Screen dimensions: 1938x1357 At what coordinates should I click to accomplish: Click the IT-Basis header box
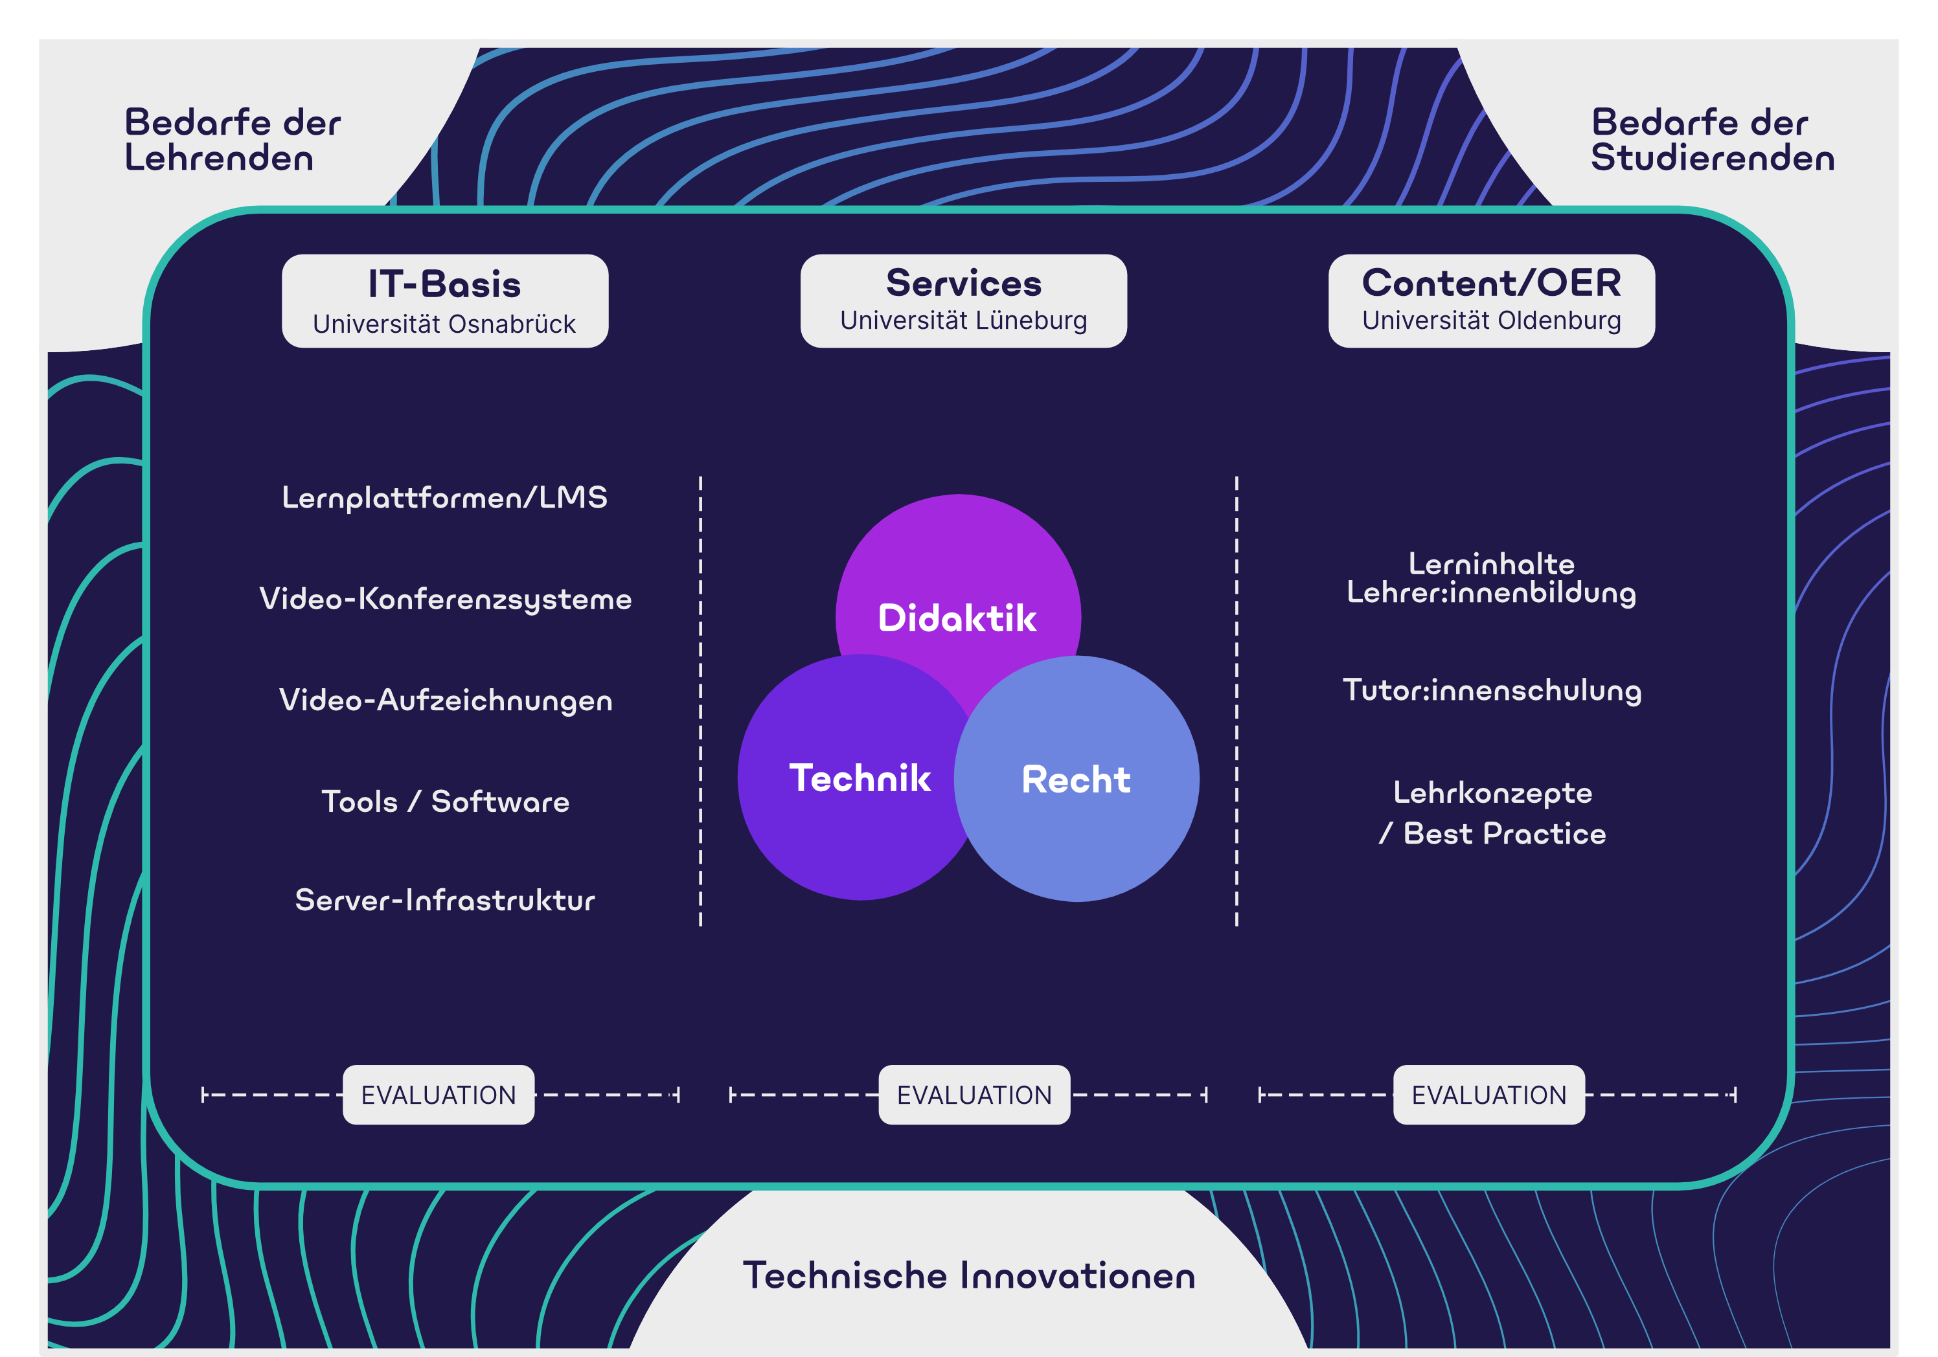445,301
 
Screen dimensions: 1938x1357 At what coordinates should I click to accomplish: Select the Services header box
963,301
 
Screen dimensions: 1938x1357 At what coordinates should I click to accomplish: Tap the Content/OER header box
1492,301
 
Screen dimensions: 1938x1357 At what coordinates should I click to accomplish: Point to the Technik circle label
860,778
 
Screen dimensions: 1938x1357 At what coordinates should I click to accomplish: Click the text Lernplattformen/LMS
445,498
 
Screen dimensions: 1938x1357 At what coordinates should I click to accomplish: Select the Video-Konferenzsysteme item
446,599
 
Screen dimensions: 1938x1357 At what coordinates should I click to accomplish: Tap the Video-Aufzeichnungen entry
446,701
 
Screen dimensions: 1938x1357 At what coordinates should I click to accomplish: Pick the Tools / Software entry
446,801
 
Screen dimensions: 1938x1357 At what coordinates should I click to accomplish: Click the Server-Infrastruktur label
445,900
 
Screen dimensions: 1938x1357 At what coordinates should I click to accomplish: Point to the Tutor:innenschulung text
1492,690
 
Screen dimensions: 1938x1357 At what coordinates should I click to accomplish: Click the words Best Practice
1504,834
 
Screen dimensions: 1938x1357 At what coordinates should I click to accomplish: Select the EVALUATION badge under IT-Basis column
439,1095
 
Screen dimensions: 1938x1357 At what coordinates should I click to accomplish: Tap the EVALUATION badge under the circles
975,1095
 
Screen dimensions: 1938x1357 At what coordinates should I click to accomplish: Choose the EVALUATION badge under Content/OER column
1489,1095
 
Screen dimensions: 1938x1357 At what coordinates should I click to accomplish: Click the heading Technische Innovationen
969,1275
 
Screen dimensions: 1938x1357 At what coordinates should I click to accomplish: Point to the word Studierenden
1713,158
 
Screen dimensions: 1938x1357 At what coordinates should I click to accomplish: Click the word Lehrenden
220,158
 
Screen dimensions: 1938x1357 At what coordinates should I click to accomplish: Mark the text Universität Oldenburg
1492,320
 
